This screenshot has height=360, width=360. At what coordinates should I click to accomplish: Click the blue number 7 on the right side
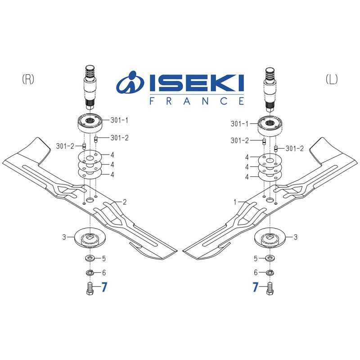pos(256,288)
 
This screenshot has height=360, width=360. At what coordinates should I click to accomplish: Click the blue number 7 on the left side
pos(104,288)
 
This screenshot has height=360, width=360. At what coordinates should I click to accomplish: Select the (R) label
pos(28,79)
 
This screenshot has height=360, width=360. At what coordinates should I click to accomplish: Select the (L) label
pos(331,79)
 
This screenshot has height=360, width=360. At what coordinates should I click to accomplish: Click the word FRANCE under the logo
pos(197,101)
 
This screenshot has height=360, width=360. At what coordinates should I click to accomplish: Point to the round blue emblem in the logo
pos(129,84)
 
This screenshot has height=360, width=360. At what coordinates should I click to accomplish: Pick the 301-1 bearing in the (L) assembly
pos(269,124)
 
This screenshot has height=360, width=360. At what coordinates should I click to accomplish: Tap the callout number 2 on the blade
pos(125,202)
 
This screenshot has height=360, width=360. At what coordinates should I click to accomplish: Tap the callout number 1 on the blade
pos(235,202)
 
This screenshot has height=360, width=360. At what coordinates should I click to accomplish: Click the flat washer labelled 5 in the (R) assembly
pos(90,259)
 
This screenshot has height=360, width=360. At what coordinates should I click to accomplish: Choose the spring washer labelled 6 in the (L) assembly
pos(270,273)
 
